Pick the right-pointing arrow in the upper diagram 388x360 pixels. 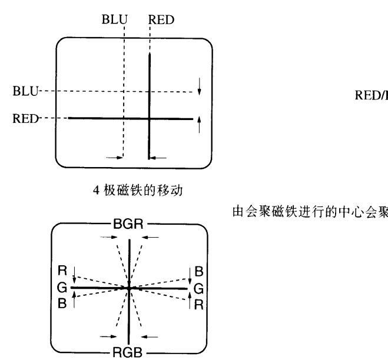tap(115, 157)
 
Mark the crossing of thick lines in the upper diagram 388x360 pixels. tap(150, 118)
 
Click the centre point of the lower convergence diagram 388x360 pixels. tap(129, 287)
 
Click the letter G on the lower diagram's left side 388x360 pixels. tap(60, 287)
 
